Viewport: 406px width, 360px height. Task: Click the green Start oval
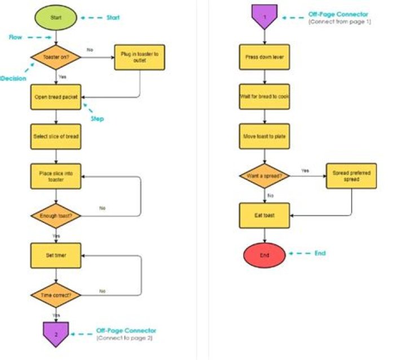(56, 17)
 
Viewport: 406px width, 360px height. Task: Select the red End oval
(264, 254)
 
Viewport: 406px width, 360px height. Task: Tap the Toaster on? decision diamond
(56, 56)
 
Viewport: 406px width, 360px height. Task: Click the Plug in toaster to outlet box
(139, 57)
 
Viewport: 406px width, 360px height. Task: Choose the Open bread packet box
(56, 97)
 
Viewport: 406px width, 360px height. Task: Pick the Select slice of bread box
(56, 137)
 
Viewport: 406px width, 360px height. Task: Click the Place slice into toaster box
(56, 176)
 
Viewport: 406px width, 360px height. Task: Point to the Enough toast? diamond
(56, 216)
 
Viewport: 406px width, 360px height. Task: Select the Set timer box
(56, 255)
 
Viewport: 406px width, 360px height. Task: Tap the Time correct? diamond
(56, 295)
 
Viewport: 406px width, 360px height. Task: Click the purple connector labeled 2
(56, 332)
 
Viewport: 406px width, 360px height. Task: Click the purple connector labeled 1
(264, 16)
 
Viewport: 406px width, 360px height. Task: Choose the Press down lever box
(264, 57)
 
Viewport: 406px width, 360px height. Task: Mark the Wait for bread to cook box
(264, 96)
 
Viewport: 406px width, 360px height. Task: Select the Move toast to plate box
(264, 136)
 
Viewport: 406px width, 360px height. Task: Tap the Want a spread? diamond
(264, 175)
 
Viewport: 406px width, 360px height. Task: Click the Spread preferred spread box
(351, 175)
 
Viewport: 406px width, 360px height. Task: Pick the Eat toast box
(264, 215)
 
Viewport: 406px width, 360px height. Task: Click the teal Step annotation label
(97, 119)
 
